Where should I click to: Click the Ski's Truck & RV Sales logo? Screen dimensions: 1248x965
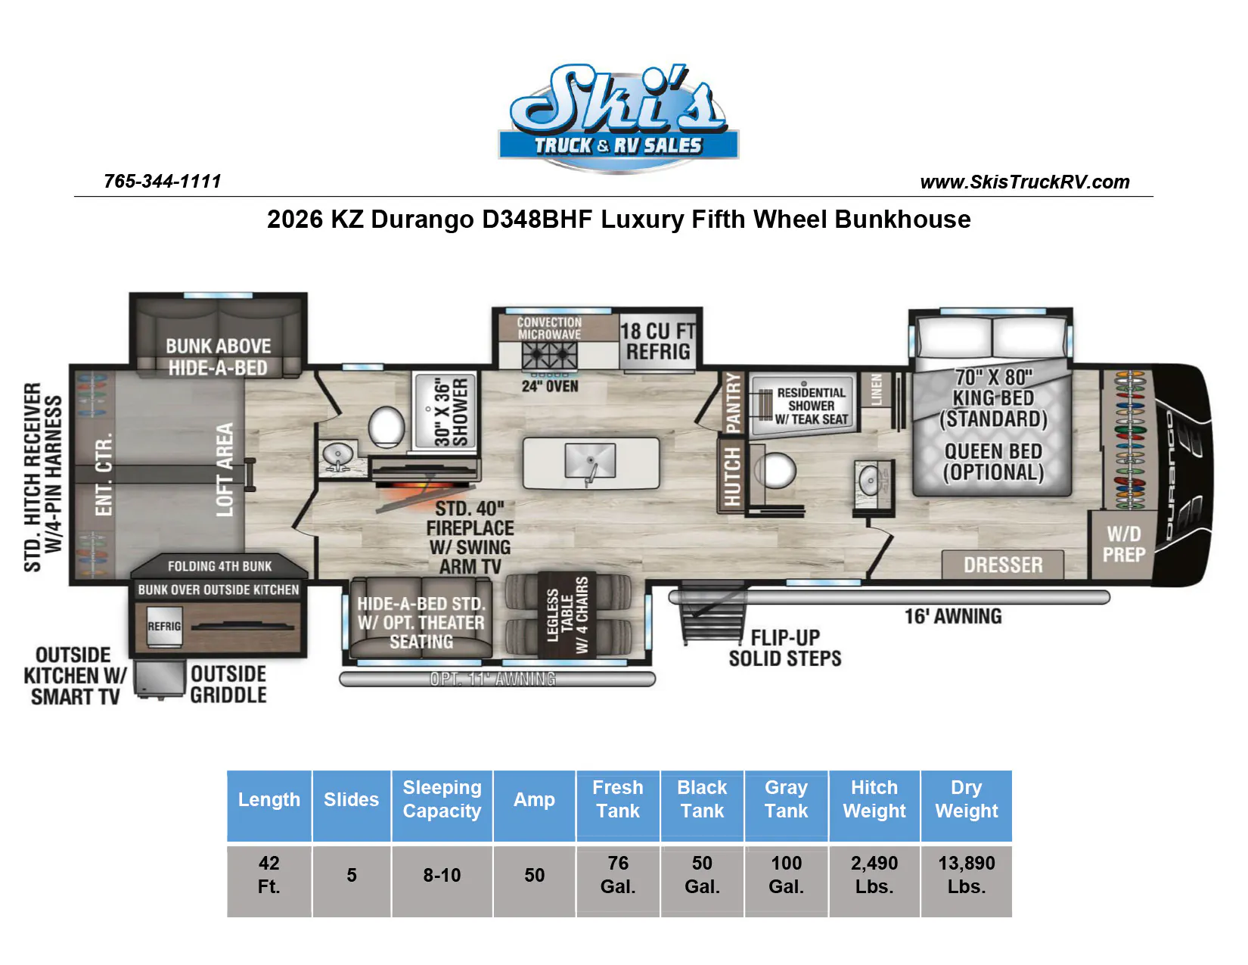[619, 118]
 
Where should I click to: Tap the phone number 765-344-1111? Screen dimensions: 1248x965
[163, 182]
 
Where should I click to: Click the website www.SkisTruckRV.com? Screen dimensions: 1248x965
[1025, 182]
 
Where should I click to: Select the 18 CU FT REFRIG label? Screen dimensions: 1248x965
[658, 341]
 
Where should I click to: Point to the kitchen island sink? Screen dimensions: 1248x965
[591, 462]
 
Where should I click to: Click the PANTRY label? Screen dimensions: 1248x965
[732, 403]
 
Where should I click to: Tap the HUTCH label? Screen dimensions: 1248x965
[731, 477]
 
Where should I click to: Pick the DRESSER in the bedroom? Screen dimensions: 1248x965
[1002, 565]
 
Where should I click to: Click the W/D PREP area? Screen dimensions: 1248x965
[1123, 544]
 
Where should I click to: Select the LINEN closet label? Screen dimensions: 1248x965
[876, 390]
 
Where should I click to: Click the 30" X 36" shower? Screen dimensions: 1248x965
[445, 410]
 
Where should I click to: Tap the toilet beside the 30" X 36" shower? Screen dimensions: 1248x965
[386, 426]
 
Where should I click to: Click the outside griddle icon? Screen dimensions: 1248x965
[159, 680]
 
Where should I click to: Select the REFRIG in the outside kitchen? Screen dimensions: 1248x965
[164, 626]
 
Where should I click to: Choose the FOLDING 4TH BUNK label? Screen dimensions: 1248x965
[219, 566]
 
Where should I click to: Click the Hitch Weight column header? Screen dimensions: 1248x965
[874, 799]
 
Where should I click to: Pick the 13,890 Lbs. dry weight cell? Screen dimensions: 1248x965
[967, 875]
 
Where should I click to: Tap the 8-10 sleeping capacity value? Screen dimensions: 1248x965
[442, 875]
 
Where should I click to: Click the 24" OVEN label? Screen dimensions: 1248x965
[550, 386]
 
